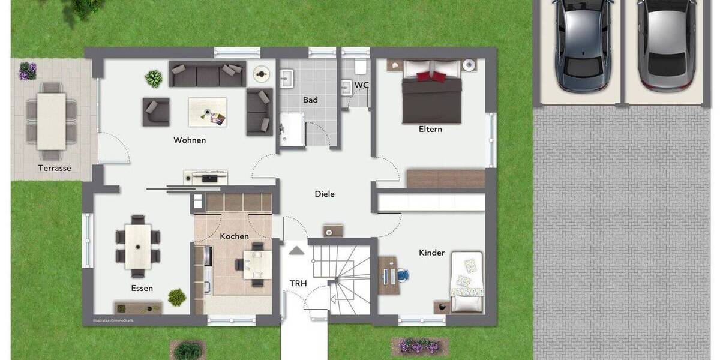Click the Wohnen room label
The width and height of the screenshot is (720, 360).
[190, 140]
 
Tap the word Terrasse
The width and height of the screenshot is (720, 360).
[55, 168]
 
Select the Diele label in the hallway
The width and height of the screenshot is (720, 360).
[325, 194]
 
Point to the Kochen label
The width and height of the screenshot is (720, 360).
[234, 236]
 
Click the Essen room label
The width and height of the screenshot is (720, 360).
[142, 288]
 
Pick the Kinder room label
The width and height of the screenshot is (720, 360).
[431, 253]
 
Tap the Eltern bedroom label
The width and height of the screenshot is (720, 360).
[430, 129]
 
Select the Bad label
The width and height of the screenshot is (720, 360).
[310, 100]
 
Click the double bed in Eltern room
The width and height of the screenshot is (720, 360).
[431, 90]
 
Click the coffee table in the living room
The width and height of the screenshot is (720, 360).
[208, 112]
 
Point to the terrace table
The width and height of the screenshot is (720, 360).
[51, 121]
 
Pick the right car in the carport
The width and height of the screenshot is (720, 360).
[666, 45]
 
